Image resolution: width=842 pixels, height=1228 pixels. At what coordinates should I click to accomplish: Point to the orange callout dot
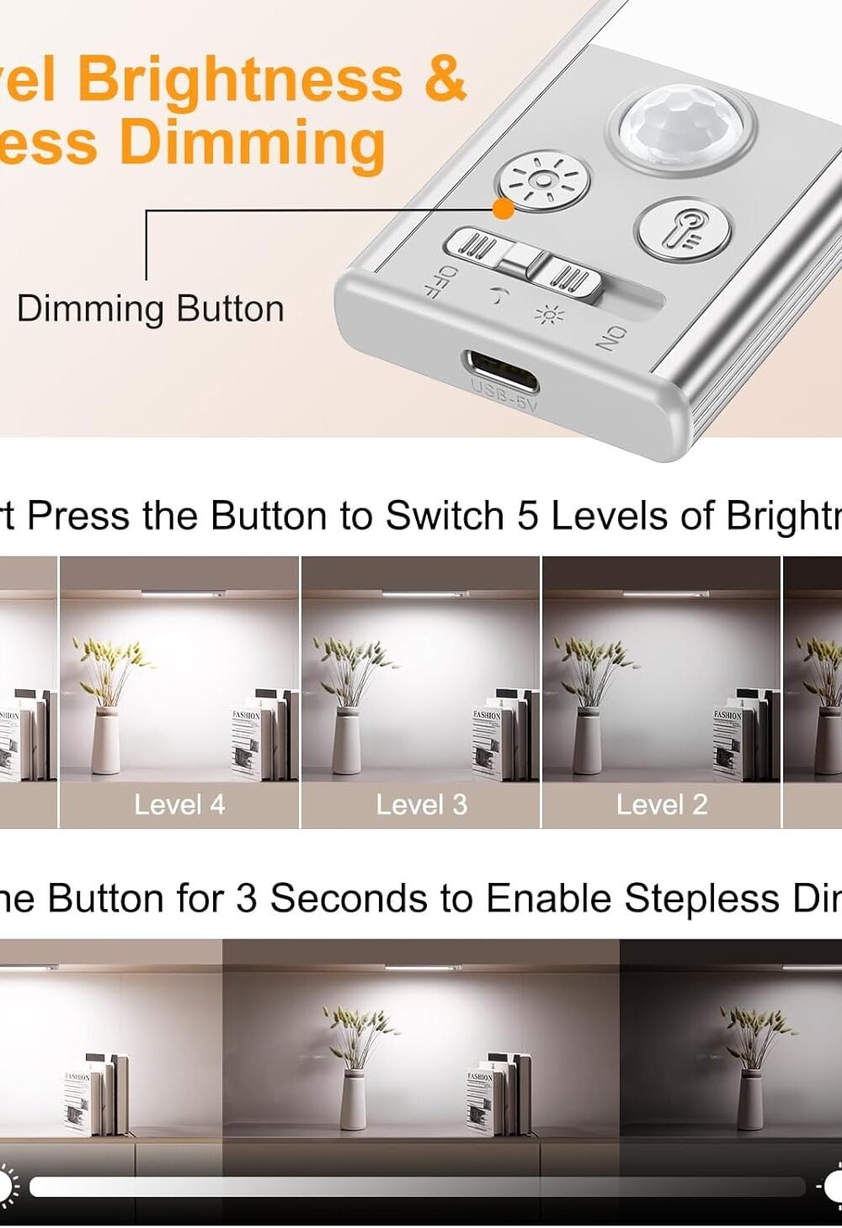click(x=503, y=209)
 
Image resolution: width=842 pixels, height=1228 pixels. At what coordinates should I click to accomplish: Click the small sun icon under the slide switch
click(x=549, y=316)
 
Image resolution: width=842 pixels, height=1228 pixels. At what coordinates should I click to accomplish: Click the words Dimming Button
click(x=151, y=309)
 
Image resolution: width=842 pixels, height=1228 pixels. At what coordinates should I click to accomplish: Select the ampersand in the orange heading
click(x=444, y=79)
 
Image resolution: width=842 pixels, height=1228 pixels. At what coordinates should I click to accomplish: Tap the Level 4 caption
click(x=179, y=805)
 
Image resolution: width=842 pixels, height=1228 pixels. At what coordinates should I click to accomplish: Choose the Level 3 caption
click(x=421, y=805)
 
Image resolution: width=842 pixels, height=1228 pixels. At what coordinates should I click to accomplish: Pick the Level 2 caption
click(x=662, y=805)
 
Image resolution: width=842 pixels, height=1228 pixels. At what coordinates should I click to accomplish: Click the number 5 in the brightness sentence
click(x=527, y=516)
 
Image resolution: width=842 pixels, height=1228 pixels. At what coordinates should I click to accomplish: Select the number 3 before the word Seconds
click(x=247, y=898)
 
